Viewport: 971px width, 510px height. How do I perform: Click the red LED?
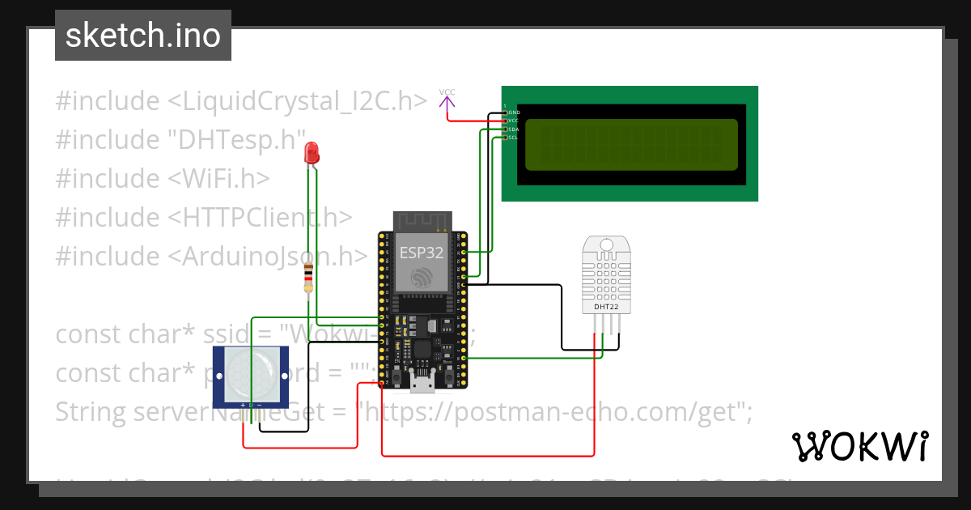(x=311, y=152)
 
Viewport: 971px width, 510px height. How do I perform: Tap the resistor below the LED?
(x=307, y=279)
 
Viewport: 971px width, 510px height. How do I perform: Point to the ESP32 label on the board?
(x=421, y=252)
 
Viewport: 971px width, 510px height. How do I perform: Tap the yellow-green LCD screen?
(x=631, y=145)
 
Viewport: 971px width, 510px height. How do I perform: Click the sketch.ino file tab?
(x=143, y=36)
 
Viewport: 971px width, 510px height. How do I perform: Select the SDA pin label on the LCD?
(x=512, y=129)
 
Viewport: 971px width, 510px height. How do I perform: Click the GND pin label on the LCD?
(x=514, y=112)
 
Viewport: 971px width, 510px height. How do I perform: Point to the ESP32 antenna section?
(x=422, y=221)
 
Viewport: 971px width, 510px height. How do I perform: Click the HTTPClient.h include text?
(x=261, y=217)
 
